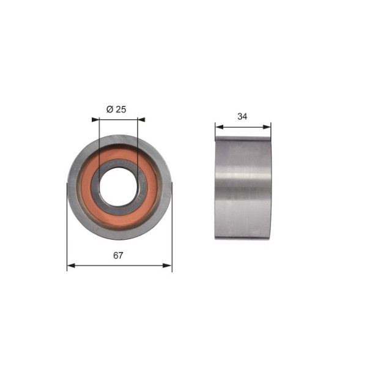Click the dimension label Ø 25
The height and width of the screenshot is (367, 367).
(116, 109)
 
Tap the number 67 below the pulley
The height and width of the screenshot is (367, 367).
(118, 255)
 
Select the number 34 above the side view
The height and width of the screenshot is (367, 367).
(242, 116)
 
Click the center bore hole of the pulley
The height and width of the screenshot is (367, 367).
(119, 187)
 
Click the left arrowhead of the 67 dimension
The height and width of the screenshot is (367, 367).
(71, 265)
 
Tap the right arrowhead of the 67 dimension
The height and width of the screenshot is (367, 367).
(168, 265)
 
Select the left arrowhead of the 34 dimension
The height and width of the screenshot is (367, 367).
(219, 127)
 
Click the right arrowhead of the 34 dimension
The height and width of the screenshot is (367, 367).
(267, 127)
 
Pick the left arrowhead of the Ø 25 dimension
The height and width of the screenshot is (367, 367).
(95, 120)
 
